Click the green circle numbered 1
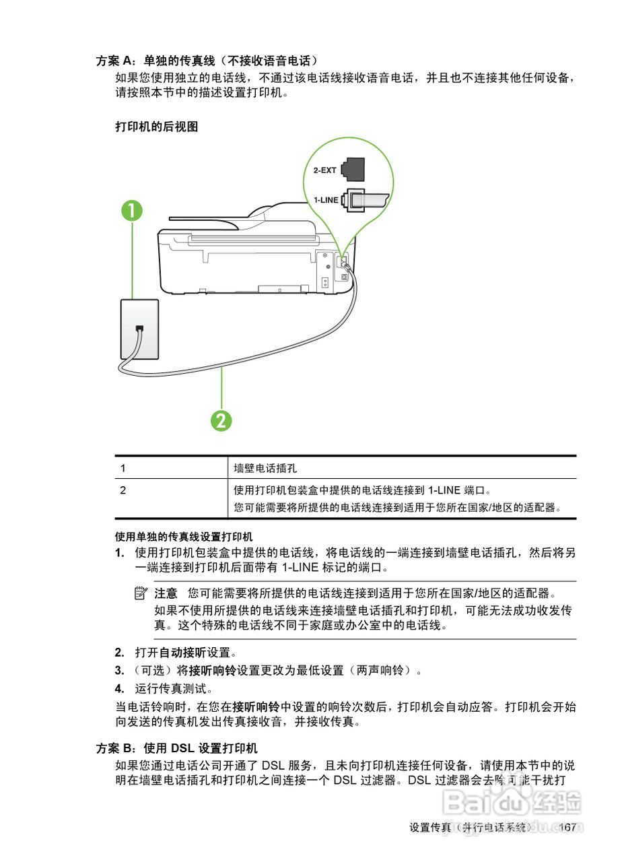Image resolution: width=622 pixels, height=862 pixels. coord(132,211)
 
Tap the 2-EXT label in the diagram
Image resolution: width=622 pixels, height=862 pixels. coord(325,170)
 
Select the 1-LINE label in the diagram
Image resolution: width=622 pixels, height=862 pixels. coord(326,200)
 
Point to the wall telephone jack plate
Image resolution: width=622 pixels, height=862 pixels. coord(139,329)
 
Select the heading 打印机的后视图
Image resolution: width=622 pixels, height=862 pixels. coord(157,126)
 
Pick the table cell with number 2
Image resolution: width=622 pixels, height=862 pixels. coord(123,490)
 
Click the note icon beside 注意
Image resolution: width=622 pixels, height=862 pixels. coord(141,593)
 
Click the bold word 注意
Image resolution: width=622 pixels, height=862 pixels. coord(166,593)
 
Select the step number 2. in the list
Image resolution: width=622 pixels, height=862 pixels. coord(119,653)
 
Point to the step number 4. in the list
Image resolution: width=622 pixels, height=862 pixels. coord(119,688)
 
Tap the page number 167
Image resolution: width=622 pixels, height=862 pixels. coord(567,827)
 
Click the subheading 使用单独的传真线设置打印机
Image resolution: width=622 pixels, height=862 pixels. coord(184,537)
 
